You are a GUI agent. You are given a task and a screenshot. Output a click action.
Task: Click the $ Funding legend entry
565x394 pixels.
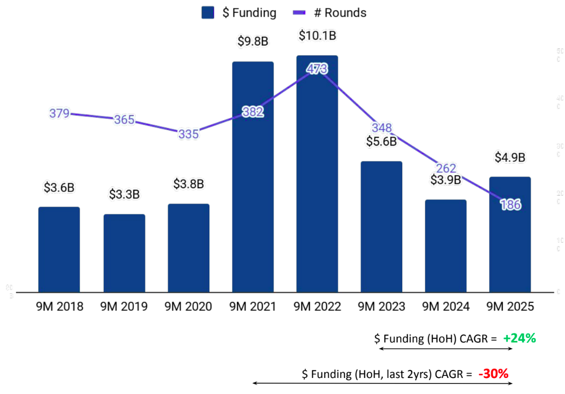tap(239, 13)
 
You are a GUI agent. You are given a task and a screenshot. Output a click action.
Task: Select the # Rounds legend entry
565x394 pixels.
tap(330, 13)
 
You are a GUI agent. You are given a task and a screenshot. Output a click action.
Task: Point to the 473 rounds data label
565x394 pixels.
tap(317, 70)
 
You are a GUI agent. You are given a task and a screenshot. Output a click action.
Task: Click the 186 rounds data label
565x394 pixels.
tap(510, 204)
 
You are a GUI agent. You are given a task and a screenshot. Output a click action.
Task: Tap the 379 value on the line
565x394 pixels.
tap(60, 113)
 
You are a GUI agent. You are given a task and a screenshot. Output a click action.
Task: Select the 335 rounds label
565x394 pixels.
tap(188, 134)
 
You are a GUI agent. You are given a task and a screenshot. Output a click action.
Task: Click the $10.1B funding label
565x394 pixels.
tap(317, 36)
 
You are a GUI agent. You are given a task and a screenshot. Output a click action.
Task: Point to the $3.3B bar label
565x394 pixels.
tap(124, 194)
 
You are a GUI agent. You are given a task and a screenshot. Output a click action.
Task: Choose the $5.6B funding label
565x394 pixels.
tap(381, 142)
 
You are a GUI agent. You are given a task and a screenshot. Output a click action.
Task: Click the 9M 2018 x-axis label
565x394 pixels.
tap(60, 306)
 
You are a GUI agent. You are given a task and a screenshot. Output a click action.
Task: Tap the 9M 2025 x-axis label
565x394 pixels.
tap(510, 306)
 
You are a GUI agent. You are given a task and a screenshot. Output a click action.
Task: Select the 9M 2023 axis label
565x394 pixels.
tap(381, 306)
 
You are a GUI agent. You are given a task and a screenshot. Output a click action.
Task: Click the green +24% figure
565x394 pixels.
tap(519, 338)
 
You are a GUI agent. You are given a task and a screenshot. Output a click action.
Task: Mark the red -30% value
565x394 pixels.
tap(493, 373)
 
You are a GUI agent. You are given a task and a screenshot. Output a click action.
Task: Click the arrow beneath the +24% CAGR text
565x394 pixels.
tap(446, 348)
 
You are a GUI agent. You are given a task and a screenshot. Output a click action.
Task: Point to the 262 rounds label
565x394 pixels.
tap(446, 168)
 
